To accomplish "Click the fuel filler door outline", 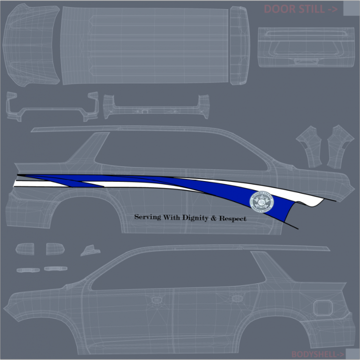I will click(322, 306).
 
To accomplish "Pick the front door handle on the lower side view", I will click(236, 299).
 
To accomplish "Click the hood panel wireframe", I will click(31, 45).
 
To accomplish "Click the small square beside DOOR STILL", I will click(349, 9).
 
